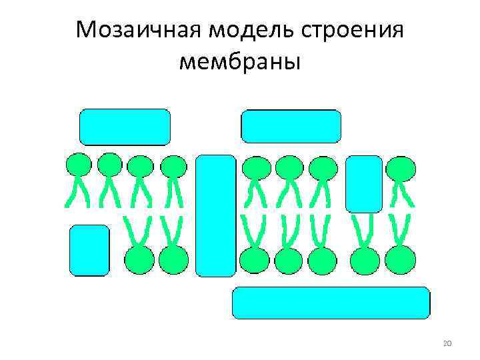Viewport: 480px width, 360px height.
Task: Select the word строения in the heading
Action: [x=354, y=30]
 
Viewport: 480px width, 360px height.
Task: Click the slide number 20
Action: [x=447, y=343]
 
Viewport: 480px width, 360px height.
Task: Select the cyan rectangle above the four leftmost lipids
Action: [x=125, y=127]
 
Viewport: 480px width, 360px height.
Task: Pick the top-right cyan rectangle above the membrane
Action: [x=291, y=127]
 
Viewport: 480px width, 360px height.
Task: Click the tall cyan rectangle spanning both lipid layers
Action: [x=215, y=215]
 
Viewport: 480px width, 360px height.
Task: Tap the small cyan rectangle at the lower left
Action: [x=89, y=250]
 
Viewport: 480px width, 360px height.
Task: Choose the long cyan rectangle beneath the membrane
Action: [x=331, y=303]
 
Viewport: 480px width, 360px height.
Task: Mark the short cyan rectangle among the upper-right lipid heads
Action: [x=364, y=183]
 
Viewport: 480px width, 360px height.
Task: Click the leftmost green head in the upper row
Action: [x=78, y=165]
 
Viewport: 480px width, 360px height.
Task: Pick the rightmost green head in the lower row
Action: [x=401, y=259]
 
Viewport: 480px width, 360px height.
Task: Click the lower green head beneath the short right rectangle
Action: [x=364, y=259]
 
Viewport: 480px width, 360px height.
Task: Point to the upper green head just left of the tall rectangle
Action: [x=174, y=167]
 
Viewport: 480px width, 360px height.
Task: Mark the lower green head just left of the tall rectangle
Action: [x=175, y=259]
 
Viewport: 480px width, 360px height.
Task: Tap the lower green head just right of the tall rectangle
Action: [x=255, y=259]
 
